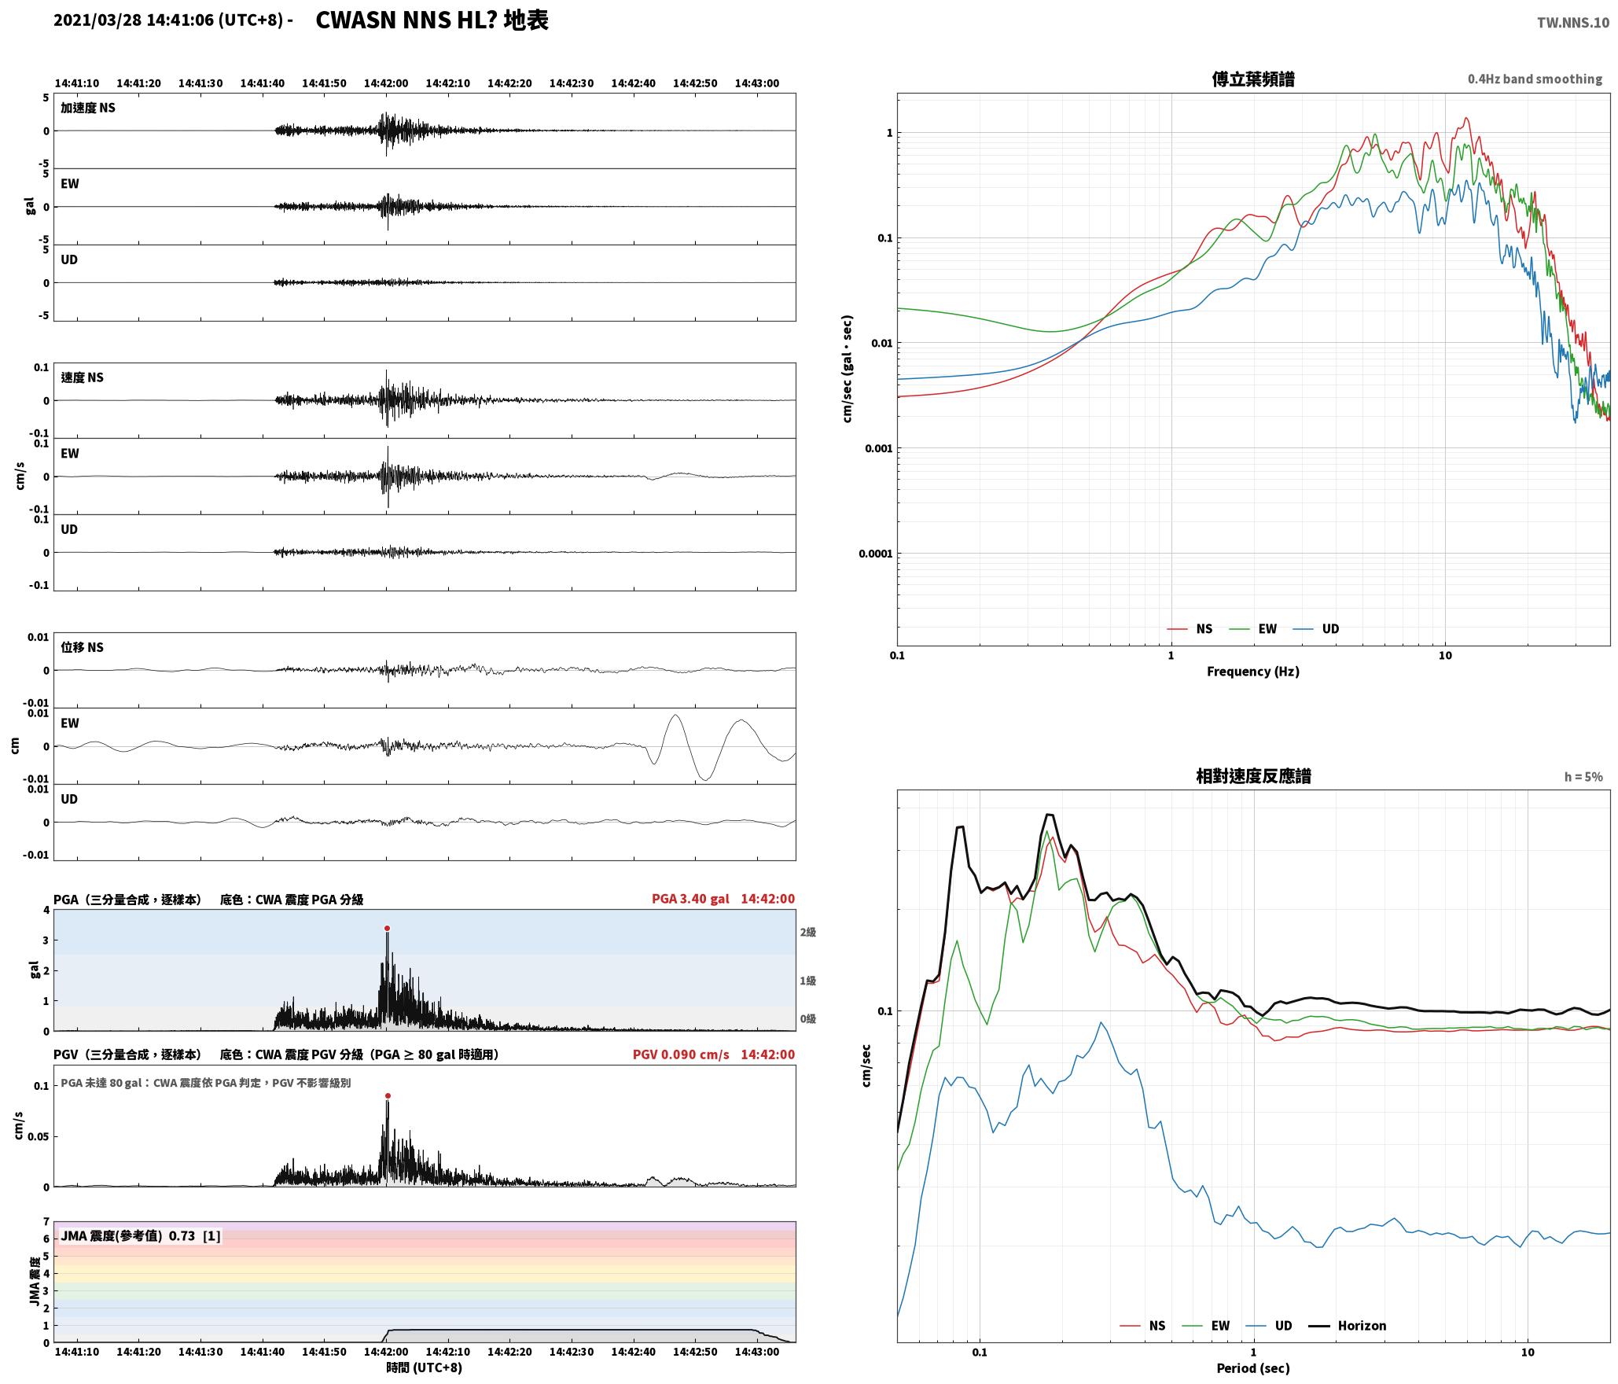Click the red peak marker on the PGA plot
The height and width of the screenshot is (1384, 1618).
pyautogui.click(x=387, y=928)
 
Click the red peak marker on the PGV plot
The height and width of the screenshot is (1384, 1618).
pyautogui.click(x=388, y=1095)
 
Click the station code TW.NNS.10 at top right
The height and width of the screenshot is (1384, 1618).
pyautogui.click(x=1573, y=23)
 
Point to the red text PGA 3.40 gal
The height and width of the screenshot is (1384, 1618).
pyautogui.click(x=690, y=899)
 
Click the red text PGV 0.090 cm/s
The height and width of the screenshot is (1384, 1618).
pyautogui.click(x=681, y=1055)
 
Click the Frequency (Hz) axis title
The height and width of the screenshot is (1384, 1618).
pyautogui.click(x=1253, y=671)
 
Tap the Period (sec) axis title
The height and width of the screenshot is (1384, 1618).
pyautogui.click(x=1253, y=1367)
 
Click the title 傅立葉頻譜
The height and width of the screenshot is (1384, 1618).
pyautogui.click(x=1253, y=79)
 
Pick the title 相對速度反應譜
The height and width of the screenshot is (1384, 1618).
pyautogui.click(x=1253, y=776)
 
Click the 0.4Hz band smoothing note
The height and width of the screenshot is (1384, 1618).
pyautogui.click(x=1535, y=79)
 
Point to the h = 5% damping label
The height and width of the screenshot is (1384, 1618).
pyautogui.click(x=1583, y=777)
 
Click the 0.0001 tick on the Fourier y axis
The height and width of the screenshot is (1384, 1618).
pyautogui.click(x=876, y=554)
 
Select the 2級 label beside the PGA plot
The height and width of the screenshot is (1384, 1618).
pyautogui.click(x=808, y=932)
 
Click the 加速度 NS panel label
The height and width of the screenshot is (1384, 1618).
pyautogui.click(x=88, y=108)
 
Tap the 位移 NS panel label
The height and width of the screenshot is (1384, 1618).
pyautogui.click(x=82, y=647)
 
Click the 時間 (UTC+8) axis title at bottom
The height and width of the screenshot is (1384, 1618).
pyautogui.click(x=424, y=1367)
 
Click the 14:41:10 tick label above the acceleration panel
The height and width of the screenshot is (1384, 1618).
pyautogui.click(x=77, y=83)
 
